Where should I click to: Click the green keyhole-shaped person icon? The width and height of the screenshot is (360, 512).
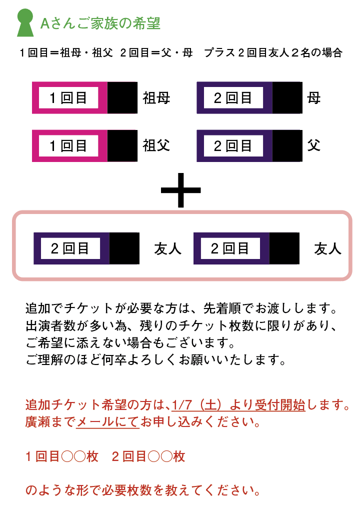coord(25,22)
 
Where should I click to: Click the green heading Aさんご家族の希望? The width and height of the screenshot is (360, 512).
coord(100,23)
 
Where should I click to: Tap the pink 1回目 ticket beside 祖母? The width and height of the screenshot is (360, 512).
coord(84,97)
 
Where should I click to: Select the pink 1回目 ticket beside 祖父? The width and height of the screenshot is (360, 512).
coord(84,145)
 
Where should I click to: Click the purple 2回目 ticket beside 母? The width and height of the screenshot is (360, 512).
coord(249,97)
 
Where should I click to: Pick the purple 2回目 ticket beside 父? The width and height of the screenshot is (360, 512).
coord(249,145)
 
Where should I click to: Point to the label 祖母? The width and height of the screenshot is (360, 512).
coord(156,98)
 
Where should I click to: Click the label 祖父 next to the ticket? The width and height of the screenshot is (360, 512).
coord(156,145)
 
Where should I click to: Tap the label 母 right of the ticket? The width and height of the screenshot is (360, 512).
coord(314,98)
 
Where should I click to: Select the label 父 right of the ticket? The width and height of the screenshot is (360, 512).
coord(314,145)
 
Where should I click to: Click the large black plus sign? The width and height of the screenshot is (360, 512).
coord(180,190)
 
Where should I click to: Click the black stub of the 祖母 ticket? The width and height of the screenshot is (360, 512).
coord(122,97)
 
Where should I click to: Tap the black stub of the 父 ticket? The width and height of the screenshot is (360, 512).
coord(287,145)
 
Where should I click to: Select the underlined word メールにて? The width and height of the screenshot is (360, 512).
coord(108,422)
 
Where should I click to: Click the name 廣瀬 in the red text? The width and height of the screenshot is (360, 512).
coord(38,422)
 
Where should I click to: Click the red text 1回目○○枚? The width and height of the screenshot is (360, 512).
coord(61,456)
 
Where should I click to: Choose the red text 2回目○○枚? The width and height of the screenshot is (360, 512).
coord(148,456)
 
